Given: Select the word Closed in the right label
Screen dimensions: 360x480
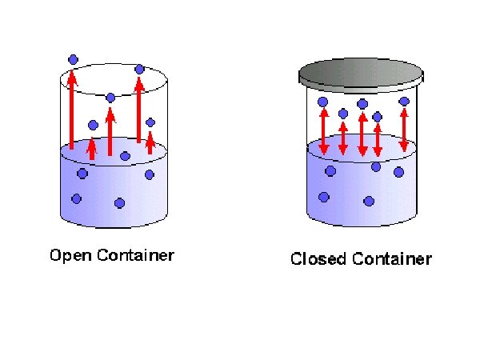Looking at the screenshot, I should pyautogui.click(x=313, y=259).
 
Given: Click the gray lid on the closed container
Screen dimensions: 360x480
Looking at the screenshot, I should pyautogui.click(x=359, y=74).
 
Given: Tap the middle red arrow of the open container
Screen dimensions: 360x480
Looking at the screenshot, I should pyautogui.click(x=110, y=131).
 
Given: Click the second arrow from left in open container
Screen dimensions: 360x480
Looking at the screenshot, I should pyautogui.click(x=92, y=148).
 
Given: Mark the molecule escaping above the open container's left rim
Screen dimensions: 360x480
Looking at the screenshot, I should pyautogui.click(x=73, y=59).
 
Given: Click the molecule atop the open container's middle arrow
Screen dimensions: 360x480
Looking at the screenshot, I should pyautogui.click(x=110, y=98).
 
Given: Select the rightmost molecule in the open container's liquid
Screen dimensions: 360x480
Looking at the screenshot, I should pyautogui.click(x=149, y=174).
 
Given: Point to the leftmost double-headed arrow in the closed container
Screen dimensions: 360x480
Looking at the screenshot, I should pyautogui.click(x=323, y=131).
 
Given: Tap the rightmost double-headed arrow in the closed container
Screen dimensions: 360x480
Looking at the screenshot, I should pyautogui.click(x=404, y=130).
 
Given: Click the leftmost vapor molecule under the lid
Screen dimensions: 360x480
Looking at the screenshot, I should pyautogui.click(x=323, y=102).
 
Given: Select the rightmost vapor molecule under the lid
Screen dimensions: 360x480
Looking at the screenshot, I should pyautogui.click(x=404, y=102).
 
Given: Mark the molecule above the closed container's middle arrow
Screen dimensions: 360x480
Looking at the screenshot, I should pyautogui.click(x=362, y=104).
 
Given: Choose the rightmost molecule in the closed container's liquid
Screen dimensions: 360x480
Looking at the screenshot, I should pyautogui.click(x=398, y=172).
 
